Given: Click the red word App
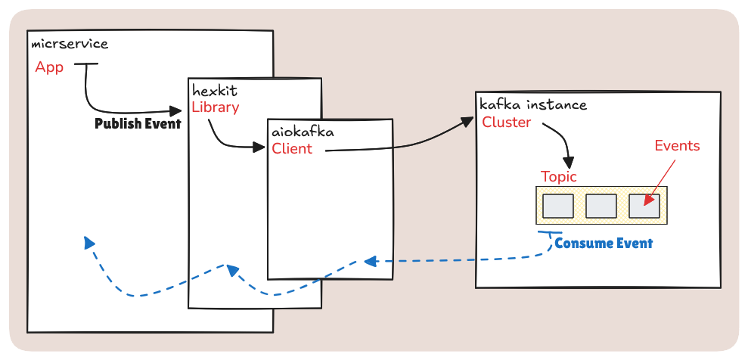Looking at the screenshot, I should (x=49, y=67).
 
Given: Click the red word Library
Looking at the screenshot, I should (x=215, y=107).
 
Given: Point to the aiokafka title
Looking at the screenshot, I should (x=303, y=132).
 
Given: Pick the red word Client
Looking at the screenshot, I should (x=292, y=149).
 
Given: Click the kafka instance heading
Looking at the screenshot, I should (x=532, y=105).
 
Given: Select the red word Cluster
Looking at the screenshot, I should (x=506, y=123).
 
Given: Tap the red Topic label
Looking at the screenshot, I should (x=558, y=177).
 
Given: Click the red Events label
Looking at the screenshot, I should (x=677, y=146).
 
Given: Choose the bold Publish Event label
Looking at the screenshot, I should (x=138, y=124).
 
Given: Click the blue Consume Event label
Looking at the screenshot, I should (x=604, y=244).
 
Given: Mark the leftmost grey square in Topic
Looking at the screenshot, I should (x=558, y=206).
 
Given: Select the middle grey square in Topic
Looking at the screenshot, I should (x=601, y=206).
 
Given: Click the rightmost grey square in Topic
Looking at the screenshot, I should (x=644, y=206).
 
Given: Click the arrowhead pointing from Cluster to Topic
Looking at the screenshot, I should (x=568, y=162).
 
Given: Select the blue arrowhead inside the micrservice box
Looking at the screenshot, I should (x=89, y=243).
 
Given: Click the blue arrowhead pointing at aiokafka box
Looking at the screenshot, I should (x=369, y=262).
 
